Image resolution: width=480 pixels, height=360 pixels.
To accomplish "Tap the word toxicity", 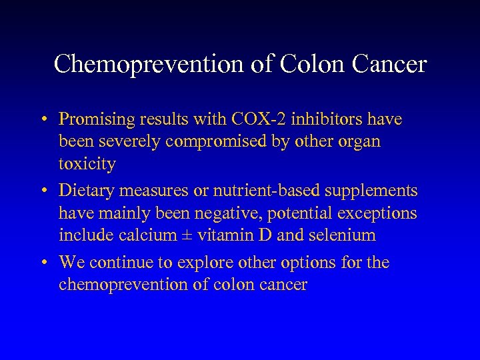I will pyautogui.click(x=87, y=164).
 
